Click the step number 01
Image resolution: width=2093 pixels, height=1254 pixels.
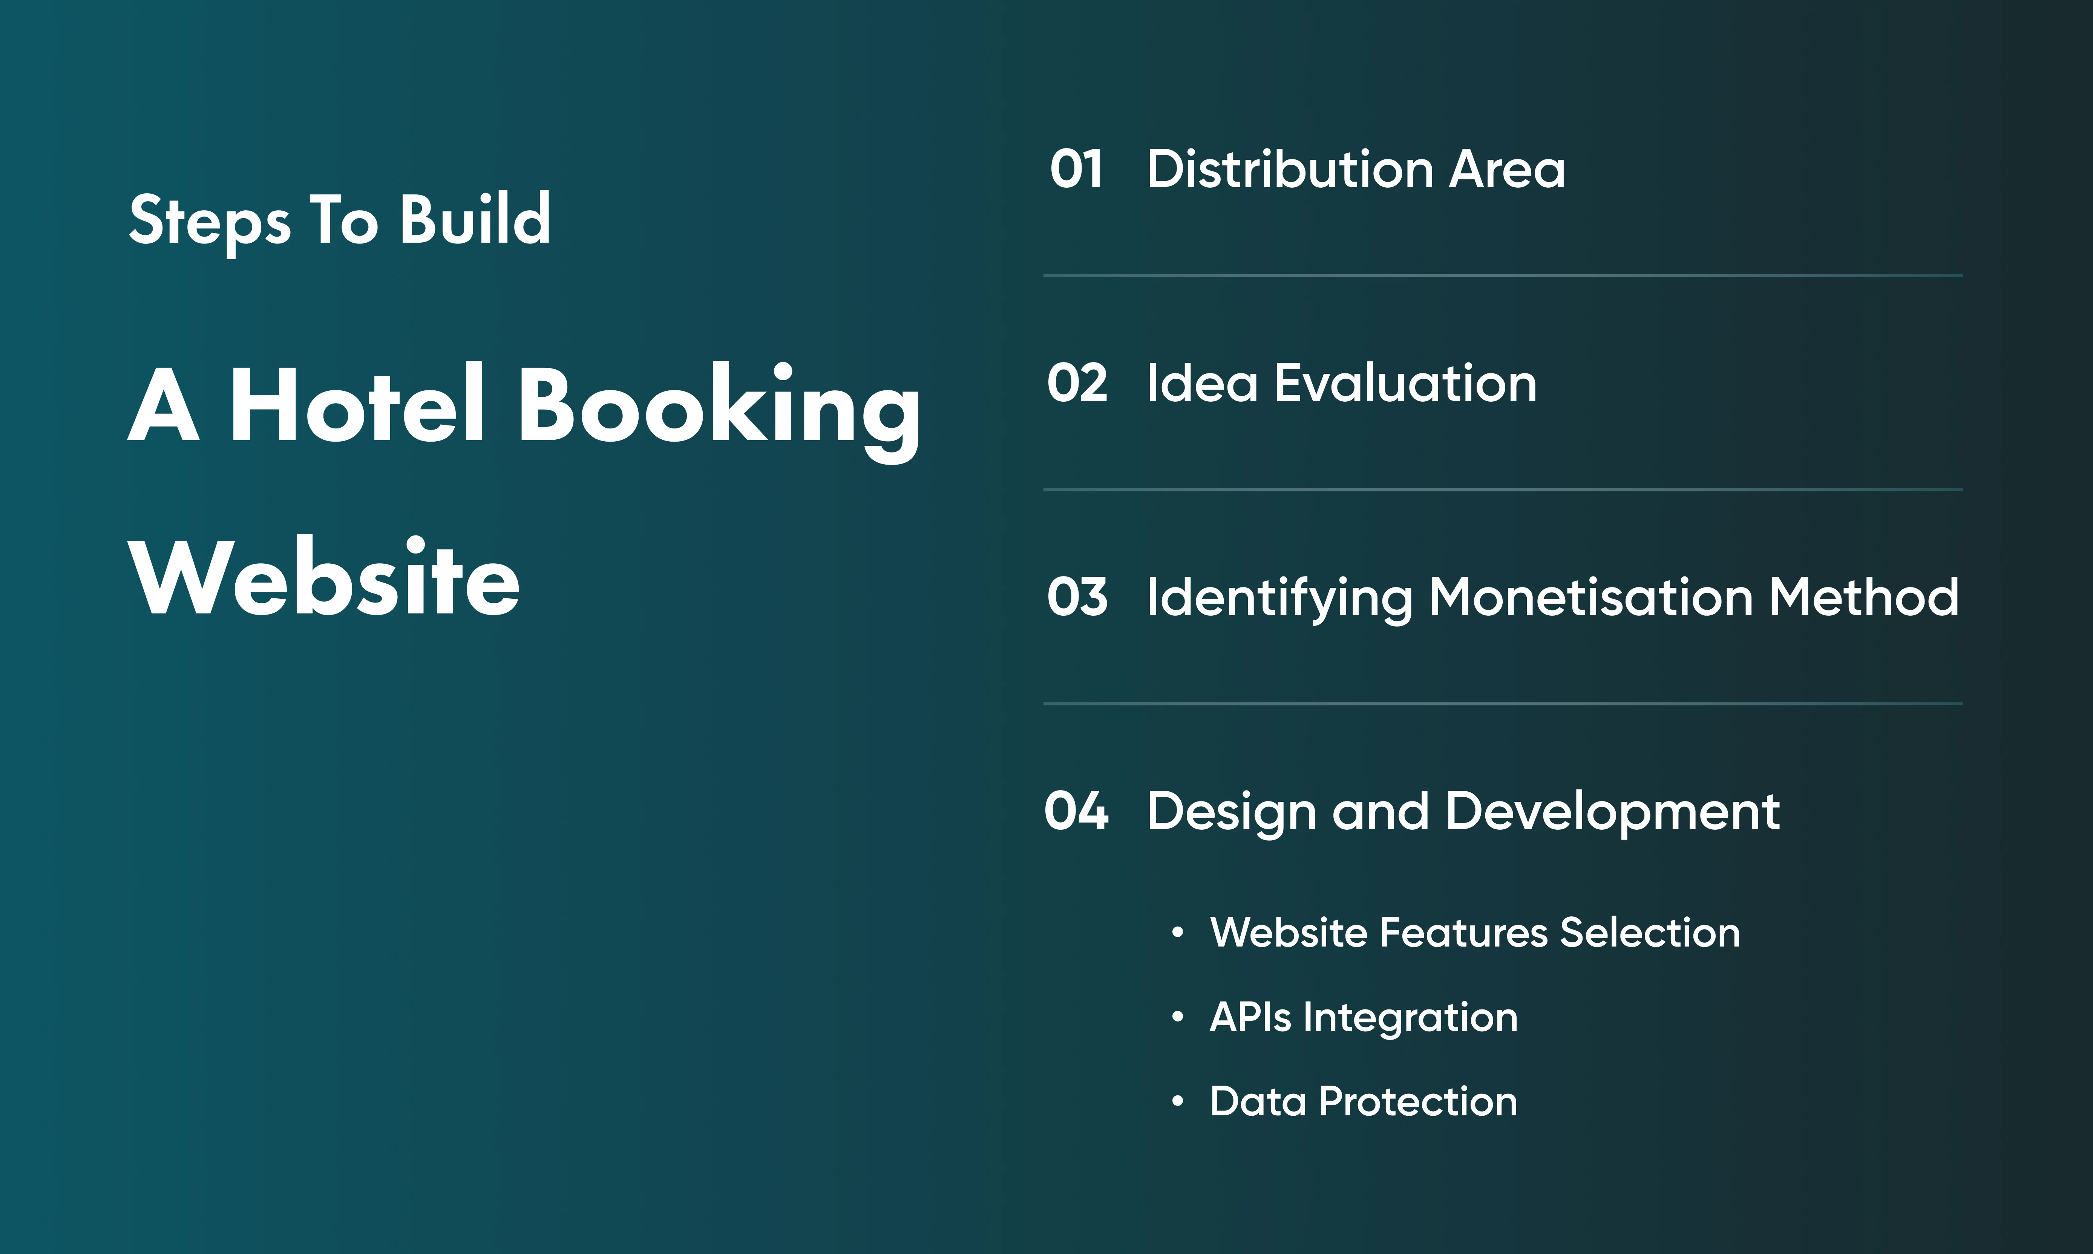[1076, 169]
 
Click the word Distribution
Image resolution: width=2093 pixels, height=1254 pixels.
[1290, 169]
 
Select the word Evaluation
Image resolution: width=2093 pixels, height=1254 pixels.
[1405, 383]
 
